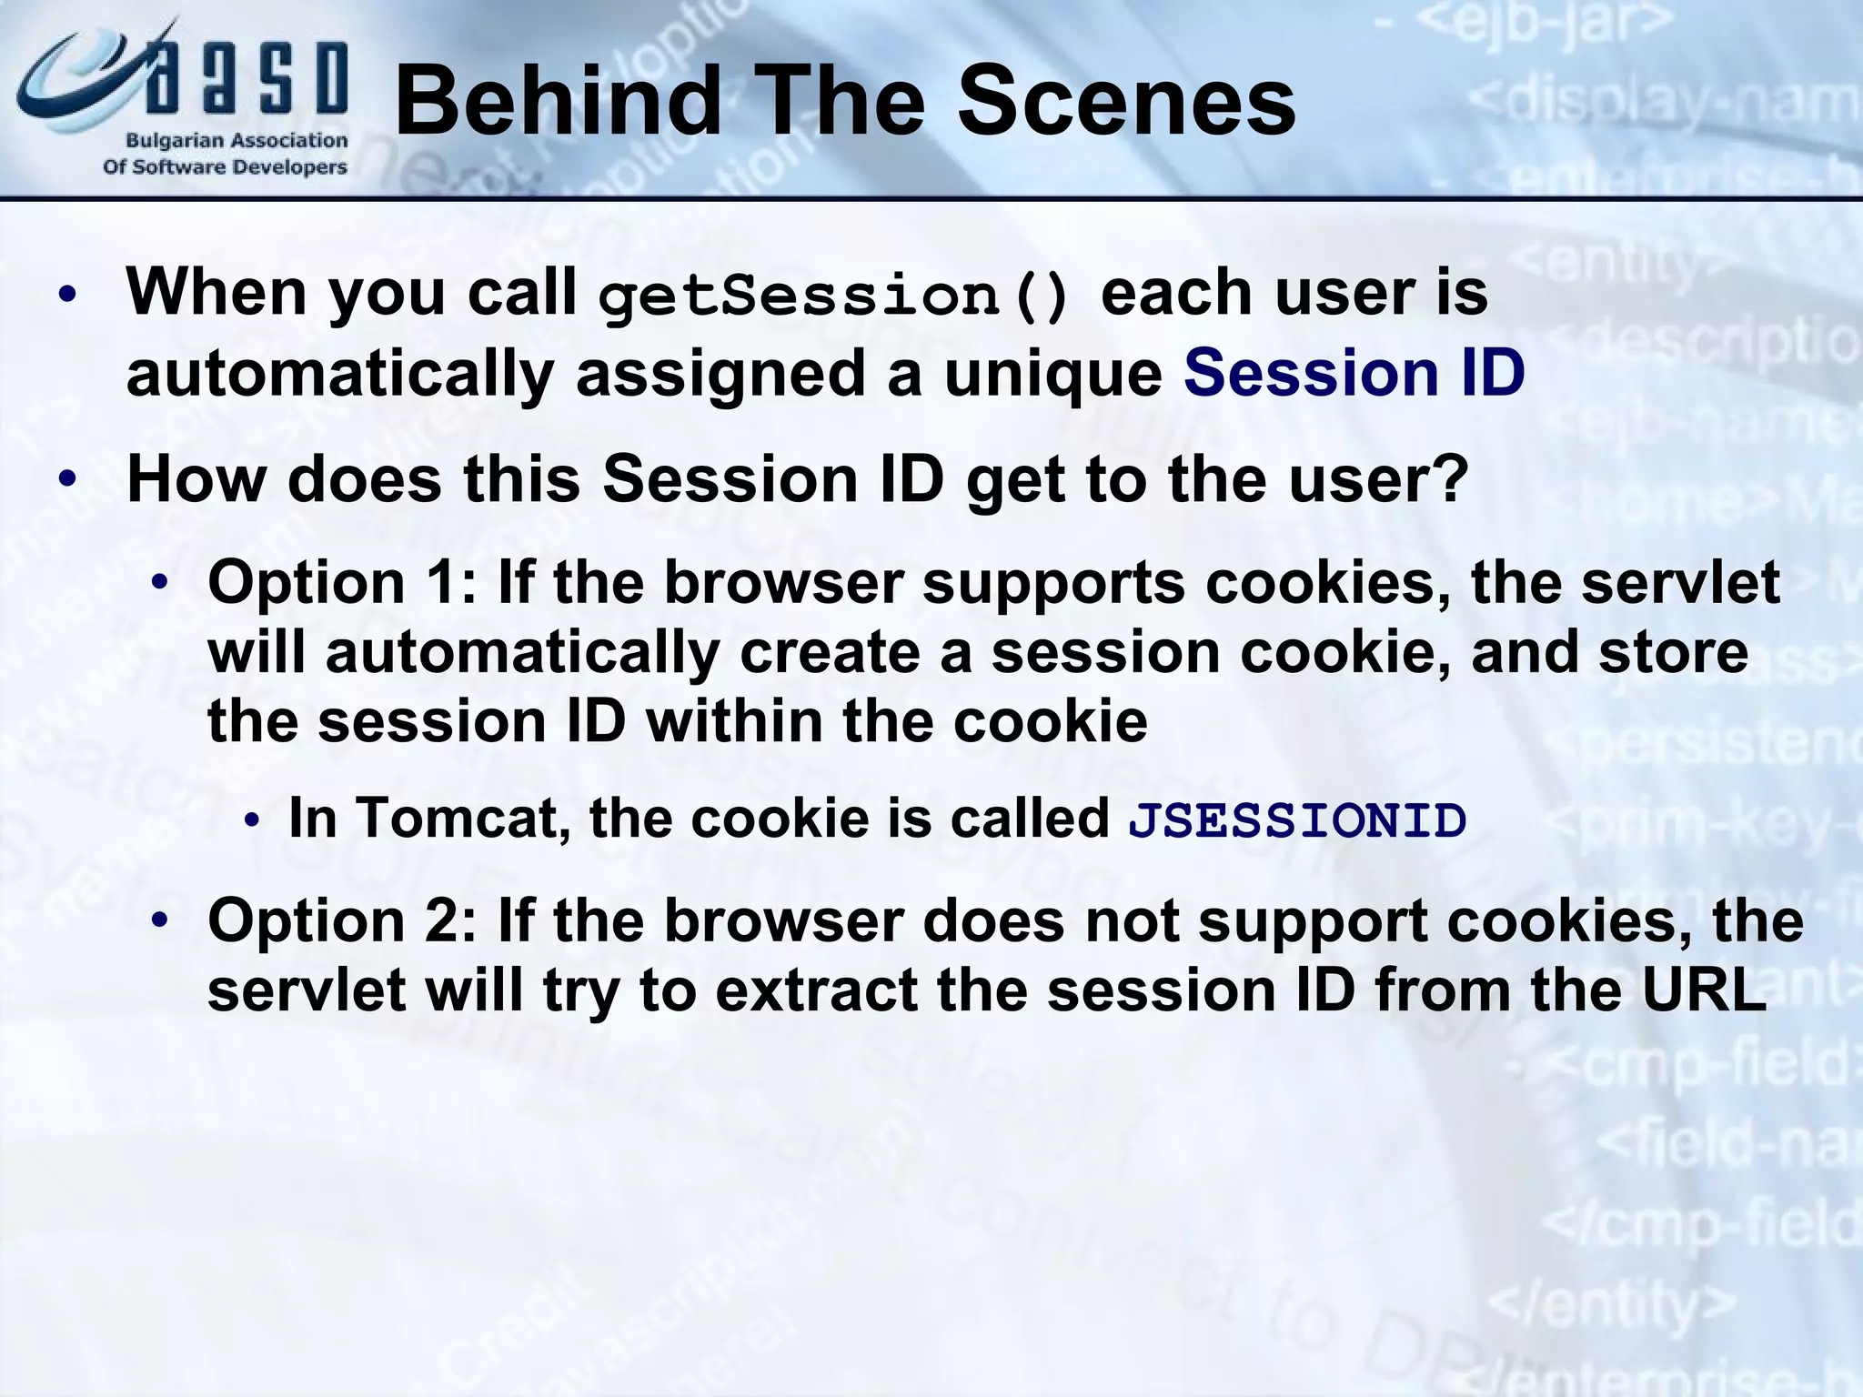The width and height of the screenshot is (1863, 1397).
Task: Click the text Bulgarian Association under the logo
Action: click(x=237, y=141)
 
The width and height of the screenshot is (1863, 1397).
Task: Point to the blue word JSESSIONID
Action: click(x=1296, y=820)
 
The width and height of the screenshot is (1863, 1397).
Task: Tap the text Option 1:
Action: click(x=342, y=582)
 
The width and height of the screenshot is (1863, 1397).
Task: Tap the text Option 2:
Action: click(x=342, y=920)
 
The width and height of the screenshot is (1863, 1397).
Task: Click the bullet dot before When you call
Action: click(x=67, y=296)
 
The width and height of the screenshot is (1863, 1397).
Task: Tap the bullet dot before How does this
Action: click(x=67, y=478)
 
